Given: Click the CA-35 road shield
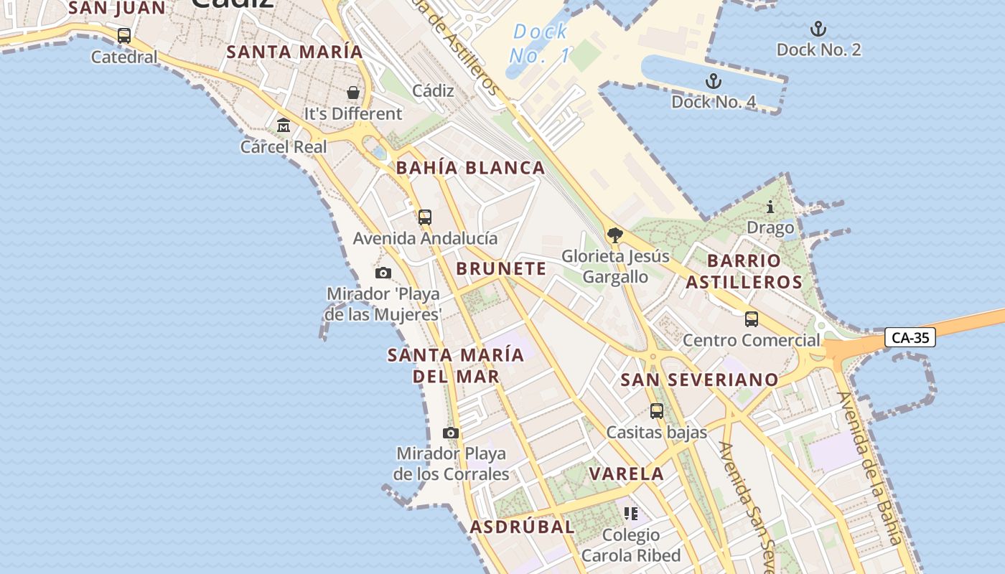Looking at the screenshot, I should [x=910, y=337].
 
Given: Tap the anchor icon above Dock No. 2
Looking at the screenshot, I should [x=818, y=29].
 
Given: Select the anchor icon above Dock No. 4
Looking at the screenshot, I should [x=713, y=81].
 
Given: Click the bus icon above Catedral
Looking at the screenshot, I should [x=124, y=36].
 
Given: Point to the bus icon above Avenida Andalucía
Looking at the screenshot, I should [x=425, y=217].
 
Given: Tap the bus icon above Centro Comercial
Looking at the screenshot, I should [x=752, y=319].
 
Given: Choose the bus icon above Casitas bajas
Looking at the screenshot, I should [x=657, y=411].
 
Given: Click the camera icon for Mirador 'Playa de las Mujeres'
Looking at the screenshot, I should [x=383, y=273].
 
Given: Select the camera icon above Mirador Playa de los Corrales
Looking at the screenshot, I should [x=451, y=433].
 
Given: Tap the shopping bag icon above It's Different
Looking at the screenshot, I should [x=353, y=93].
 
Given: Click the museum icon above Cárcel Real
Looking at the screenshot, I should [x=284, y=126].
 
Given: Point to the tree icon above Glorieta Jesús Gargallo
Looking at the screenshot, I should [x=614, y=235].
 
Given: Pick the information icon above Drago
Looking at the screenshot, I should [x=770, y=207].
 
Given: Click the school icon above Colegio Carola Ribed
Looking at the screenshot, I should [x=631, y=514].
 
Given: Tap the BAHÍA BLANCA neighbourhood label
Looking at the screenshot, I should [x=471, y=168].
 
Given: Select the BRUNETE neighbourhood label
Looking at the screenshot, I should [x=501, y=268].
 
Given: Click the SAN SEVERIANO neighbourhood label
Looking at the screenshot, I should [x=699, y=380].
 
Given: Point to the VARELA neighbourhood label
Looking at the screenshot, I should [x=627, y=474].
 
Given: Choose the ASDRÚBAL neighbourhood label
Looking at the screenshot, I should [x=522, y=527].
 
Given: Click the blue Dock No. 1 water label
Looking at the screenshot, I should [x=541, y=43].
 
